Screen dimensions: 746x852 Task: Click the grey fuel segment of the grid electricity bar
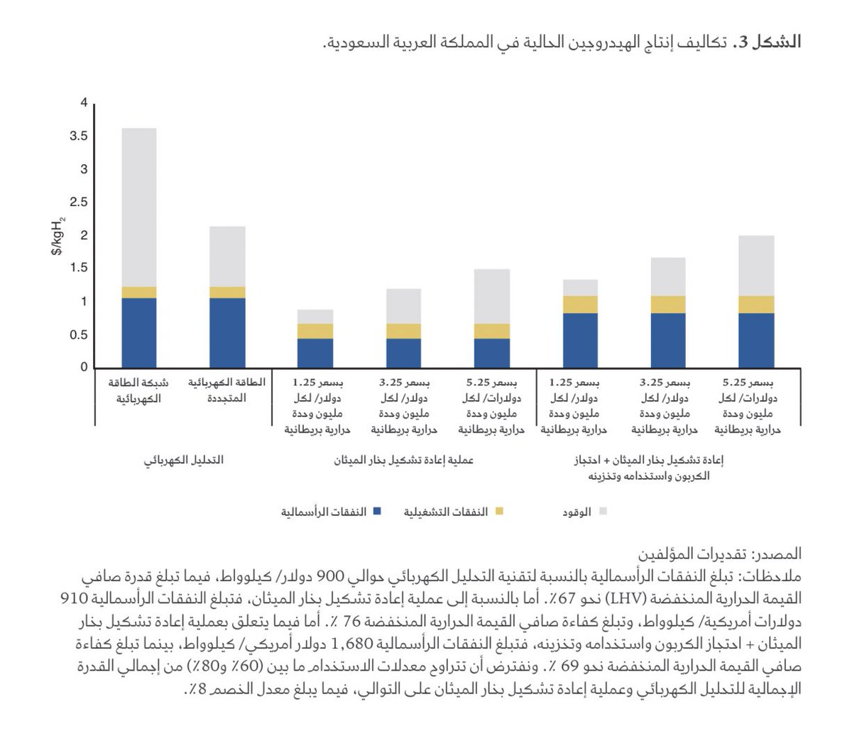coord(139,207)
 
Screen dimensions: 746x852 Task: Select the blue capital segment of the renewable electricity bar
coord(227,332)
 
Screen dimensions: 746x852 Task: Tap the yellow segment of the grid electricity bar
coord(139,292)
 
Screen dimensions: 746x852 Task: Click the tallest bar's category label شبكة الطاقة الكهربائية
coord(139,390)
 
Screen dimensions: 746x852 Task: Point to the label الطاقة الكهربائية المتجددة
coord(227,390)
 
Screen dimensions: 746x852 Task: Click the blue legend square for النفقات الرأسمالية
coord(376,512)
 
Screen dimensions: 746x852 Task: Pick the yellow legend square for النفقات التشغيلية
coord(498,512)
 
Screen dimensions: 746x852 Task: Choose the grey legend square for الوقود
coord(603,512)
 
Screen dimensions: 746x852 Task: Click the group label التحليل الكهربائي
coord(184,460)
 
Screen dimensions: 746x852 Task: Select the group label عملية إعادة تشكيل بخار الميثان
coord(404,460)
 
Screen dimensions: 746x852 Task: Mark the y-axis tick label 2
coord(84,235)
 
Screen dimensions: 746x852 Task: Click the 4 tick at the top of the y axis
coord(84,103)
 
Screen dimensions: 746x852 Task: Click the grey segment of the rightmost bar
coord(756,265)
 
